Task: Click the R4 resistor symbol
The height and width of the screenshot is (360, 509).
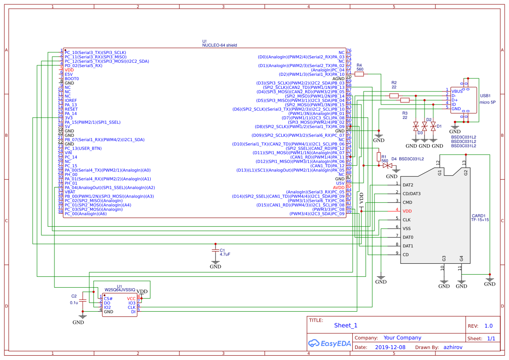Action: coord(359,74)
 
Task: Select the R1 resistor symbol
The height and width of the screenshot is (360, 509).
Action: coord(378,156)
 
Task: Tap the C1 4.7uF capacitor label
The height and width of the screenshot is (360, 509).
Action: coord(225,252)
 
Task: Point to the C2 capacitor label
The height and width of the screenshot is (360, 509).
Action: coord(74,296)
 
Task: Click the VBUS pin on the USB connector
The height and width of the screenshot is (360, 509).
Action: coord(457,91)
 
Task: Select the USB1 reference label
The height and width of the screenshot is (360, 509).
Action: coord(485,95)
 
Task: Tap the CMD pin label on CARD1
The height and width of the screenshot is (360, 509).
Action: coord(407,202)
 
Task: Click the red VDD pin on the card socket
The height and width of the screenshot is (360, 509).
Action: coord(407,211)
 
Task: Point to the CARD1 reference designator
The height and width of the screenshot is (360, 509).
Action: coord(478,215)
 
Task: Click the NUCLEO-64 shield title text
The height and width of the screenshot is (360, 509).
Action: coord(219,45)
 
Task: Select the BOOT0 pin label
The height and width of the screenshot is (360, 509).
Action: coord(72,79)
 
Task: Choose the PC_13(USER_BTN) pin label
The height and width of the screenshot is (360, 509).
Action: coord(83,148)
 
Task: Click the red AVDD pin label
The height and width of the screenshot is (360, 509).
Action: coord(338,188)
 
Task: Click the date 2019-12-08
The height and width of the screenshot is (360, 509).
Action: coord(390,347)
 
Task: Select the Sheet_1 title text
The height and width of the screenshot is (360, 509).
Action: coord(346,325)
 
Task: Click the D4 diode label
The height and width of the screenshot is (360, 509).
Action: coord(394,159)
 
